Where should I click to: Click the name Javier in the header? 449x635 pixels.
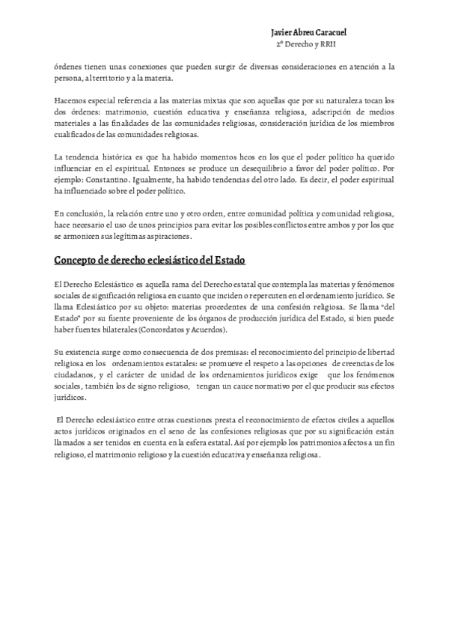point(282,33)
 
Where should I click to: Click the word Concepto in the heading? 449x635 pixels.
point(79,260)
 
